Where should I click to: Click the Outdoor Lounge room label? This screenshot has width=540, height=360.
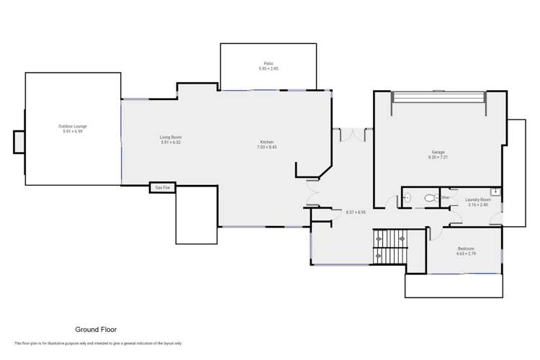[73, 129]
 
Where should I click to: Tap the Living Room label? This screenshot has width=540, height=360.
[170, 139]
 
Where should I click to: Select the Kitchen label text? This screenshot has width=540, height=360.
[266, 144]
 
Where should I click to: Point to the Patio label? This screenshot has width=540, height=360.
[268, 66]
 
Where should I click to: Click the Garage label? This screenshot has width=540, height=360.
[438, 154]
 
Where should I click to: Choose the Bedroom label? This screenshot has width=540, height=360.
[465, 251]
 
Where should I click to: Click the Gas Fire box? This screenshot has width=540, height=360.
[161, 188]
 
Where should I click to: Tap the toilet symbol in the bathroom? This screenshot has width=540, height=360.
[431, 197]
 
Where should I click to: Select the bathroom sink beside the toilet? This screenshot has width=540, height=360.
[406, 197]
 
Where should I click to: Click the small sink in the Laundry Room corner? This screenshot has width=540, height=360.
[495, 192]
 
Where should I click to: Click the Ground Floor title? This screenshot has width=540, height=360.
[96, 329]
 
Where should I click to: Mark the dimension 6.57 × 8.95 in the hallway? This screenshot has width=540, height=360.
[356, 212]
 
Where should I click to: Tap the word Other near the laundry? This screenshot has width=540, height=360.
[446, 197]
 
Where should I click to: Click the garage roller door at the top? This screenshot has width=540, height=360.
[438, 98]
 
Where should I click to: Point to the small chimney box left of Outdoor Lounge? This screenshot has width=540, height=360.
[19, 142]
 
